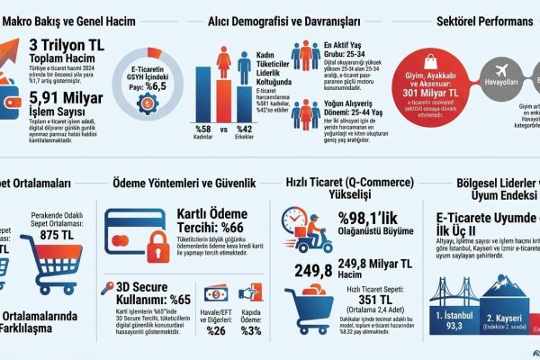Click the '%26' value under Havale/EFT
pyautogui.click(x=216, y=330)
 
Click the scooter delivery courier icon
pyautogui.click(x=303, y=229)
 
